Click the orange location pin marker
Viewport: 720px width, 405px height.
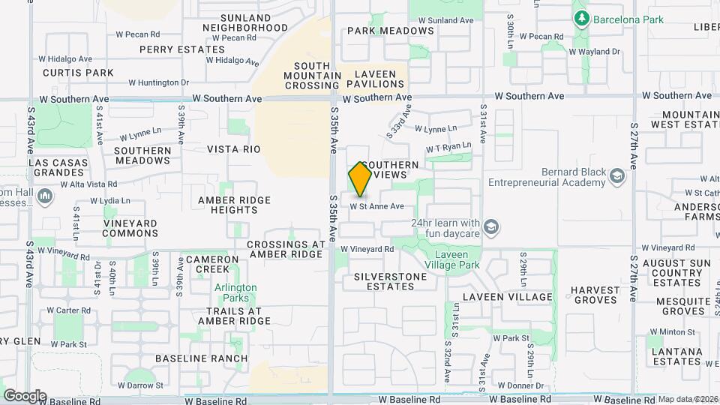click(360, 178)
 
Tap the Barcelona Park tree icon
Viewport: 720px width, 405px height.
click(580, 17)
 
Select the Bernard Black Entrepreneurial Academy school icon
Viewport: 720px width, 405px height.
click(617, 176)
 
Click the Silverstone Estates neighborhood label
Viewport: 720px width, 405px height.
click(390, 281)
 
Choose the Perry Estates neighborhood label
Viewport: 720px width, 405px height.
click(181, 49)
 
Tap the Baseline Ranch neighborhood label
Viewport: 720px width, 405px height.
click(201, 358)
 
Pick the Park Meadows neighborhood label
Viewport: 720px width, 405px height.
click(390, 31)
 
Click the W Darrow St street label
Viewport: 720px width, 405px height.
click(139, 385)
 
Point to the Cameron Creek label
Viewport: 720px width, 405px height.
click(212, 264)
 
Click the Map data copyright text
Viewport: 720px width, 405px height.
click(688, 399)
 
